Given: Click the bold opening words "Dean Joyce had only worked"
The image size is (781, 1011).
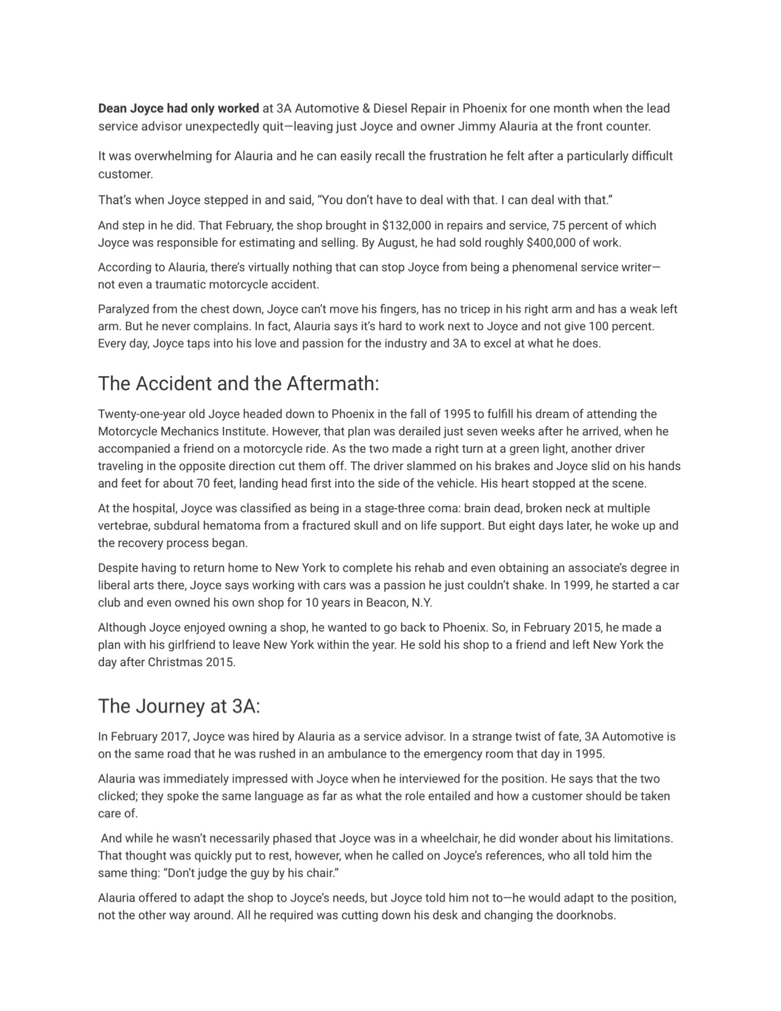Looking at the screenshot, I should click(x=178, y=108).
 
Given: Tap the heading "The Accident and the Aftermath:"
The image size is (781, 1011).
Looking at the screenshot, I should click(x=238, y=384).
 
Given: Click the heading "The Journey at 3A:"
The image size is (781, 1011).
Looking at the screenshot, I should click(x=179, y=706).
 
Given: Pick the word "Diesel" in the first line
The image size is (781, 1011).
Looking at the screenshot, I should click(x=390, y=108).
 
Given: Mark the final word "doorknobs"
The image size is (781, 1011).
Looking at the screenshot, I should click(x=584, y=916).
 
